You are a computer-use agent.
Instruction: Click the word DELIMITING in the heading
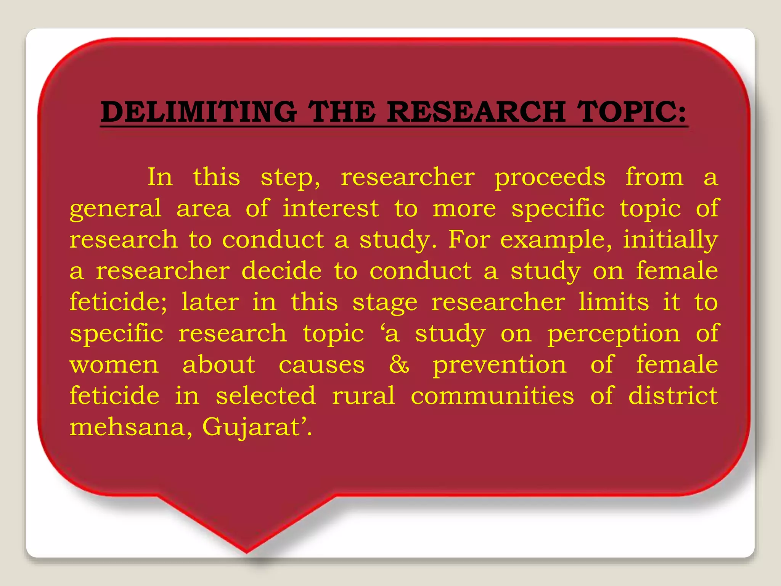pos(199,112)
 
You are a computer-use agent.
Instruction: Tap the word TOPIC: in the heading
pos(632,112)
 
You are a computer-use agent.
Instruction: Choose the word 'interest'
pos(331,209)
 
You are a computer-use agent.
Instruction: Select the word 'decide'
pos(281,271)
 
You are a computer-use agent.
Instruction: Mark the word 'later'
pos(210,302)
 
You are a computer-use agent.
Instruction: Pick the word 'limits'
pos(614,302)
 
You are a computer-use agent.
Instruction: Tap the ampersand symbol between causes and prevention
pos(399,364)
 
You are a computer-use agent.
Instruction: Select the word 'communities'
pos(492,396)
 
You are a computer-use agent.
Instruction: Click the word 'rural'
pos(363,396)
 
